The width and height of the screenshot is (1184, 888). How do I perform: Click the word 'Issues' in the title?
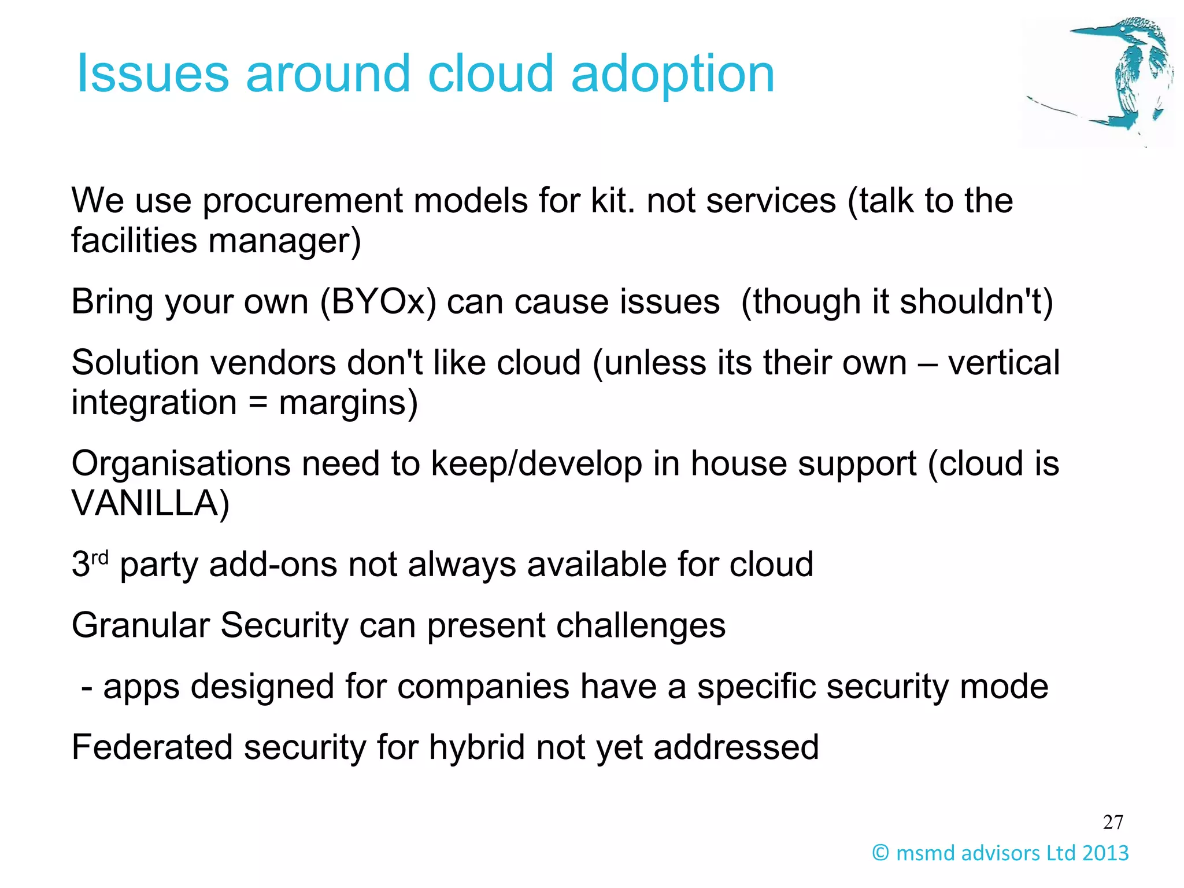[x=153, y=73]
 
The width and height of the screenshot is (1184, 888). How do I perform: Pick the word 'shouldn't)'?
[x=976, y=302]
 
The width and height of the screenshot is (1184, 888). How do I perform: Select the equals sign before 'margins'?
[x=258, y=403]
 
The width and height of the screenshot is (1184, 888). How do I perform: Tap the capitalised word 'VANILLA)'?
[x=150, y=503]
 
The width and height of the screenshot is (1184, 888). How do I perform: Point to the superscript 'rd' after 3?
[x=100, y=558]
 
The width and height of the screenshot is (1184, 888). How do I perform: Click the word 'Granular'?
[x=140, y=626]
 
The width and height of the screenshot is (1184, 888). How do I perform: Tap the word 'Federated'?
[x=151, y=747]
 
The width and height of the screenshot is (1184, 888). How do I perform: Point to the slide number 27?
[x=1113, y=822]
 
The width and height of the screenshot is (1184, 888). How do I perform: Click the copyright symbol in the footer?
[x=880, y=853]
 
